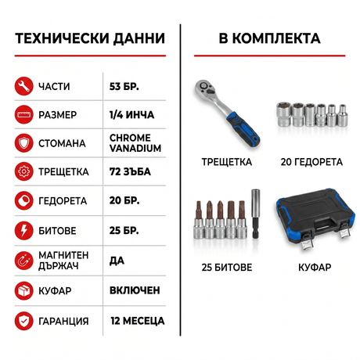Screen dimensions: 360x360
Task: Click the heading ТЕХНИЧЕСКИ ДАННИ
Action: [x=90, y=38]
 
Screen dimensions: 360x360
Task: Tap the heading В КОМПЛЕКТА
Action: [x=269, y=38]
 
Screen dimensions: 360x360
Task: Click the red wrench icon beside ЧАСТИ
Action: [x=23, y=86]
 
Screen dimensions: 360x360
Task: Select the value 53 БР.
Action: [x=124, y=86]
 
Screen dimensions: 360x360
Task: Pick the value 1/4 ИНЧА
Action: [x=131, y=115]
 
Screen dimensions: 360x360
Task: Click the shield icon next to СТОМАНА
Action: [x=23, y=143]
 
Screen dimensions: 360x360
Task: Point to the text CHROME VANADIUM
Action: [x=135, y=143]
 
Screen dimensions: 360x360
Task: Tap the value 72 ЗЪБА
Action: [x=130, y=171]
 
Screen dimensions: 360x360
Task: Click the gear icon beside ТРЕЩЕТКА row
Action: [x=23, y=171]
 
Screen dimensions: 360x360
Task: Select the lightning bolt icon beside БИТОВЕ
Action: [x=23, y=231]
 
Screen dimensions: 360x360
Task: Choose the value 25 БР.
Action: [x=124, y=231]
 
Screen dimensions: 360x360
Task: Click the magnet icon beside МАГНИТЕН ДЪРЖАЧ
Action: [x=23, y=261]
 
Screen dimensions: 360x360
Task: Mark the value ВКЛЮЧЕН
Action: [x=135, y=290]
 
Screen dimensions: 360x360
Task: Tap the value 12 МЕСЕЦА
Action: [x=138, y=321]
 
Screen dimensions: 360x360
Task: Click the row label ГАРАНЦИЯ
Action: [x=63, y=321]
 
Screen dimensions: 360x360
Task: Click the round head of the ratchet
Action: [x=205, y=88]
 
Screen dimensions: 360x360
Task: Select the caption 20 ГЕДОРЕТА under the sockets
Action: [x=311, y=162]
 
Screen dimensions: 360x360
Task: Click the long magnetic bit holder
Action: [x=255, y=214]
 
